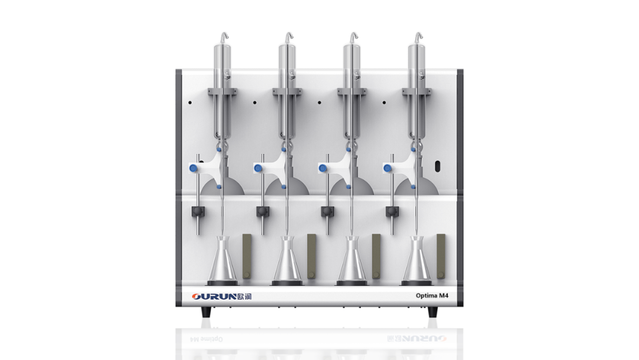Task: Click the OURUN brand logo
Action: (x=222, y=296)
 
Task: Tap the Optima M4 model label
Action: (x=432, y=295)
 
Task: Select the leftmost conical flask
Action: (x=222, y=260)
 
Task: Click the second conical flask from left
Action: (x=287, y=260)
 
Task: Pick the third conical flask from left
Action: (x=351, y=260)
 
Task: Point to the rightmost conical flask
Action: (x=417, y=260)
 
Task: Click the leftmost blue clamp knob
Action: (x=193, y=168)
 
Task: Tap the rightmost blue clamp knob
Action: (x=388, y=168)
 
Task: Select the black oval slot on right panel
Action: (x=438, y=166)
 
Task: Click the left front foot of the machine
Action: (x=206, y=312)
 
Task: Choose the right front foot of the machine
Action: (x=433, y=312)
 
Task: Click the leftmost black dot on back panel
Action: (x=190, y=103)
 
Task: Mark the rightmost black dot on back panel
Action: (x=385, y=103)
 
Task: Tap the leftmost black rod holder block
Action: (x=198, y=211)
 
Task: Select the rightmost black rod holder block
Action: (x=392, y=211)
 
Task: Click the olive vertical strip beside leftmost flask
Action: (x=247, y=256)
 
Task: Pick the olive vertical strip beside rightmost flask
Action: (x=441, y=256)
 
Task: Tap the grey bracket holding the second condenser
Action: (x=287, y=92)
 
